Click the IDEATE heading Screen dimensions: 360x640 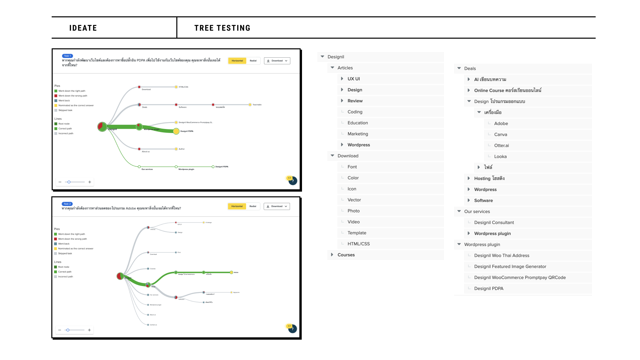(x=83, y=28)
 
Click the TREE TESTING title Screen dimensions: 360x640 (x=222, y=28)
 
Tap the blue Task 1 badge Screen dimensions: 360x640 (x=67, y=56)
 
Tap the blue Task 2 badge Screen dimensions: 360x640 (x=67, y=204)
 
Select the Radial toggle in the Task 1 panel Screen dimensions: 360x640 (x=253, y=61)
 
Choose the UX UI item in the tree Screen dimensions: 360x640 (x=354, y=79)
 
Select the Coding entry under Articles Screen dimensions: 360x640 (x=355, y=112)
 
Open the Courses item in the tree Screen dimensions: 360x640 (x=346, y=255)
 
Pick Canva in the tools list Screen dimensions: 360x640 (x=501, y=135)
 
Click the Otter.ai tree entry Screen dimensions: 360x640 (x=501, y=146)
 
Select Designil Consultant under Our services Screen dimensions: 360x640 (x=494, y=223)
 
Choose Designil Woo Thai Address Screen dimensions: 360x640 (x=502, y=256)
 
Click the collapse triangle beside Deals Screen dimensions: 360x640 (x=459, y=68)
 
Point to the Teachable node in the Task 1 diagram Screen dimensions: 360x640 (x=250, y=105)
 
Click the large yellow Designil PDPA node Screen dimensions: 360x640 (x=176, y=131)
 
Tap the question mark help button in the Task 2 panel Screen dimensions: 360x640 (x=292, y=329)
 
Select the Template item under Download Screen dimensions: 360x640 (x=357, y=233)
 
